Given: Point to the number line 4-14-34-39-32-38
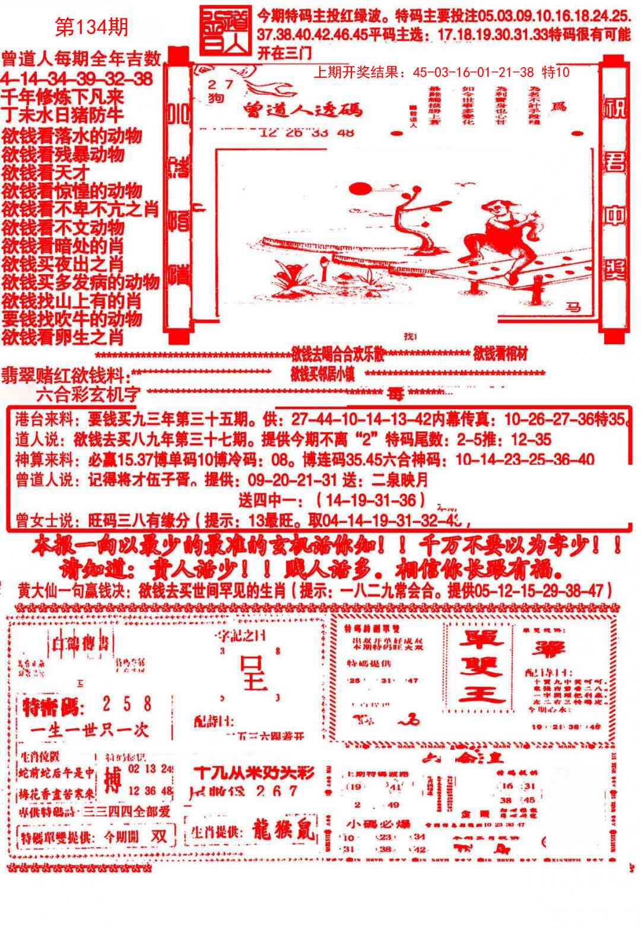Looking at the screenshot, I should pyautogui.click(x=77, y=78).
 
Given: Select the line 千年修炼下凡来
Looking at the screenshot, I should pyautogui.click(x=62, y=96).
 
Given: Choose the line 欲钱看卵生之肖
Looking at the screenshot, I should pyautogui.click(x=63, y=337).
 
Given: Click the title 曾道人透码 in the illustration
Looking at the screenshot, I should pyautogui.click(x=303, y=110).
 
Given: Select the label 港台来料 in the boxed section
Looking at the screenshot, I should pyautogui.click(x=41, y=420).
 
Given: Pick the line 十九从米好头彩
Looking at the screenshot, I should pyautogui.click(x=254, y=772).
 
